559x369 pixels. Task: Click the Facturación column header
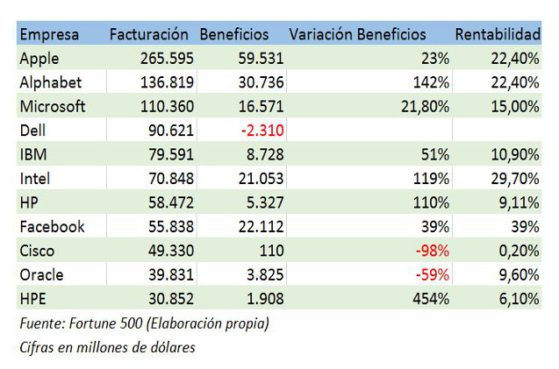(148, 34)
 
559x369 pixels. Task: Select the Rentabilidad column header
(497, 34)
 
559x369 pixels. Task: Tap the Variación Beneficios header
(357, 34)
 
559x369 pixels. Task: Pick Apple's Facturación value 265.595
(167, 58)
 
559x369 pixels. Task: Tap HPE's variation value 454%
(431, 298)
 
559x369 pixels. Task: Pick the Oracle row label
(40, 274)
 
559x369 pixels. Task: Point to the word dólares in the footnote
(168, 346)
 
